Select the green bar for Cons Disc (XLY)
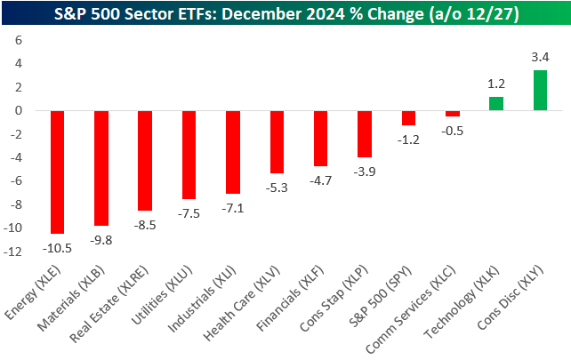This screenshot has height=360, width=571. pos(540,91)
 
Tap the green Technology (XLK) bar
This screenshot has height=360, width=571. pos(495,103)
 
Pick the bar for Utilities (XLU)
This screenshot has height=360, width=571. pos(189,155)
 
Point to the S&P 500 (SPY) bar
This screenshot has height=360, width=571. pos(408,118)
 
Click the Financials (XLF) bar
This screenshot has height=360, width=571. pos(321,138)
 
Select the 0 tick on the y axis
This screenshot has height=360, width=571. pos(19,111)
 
